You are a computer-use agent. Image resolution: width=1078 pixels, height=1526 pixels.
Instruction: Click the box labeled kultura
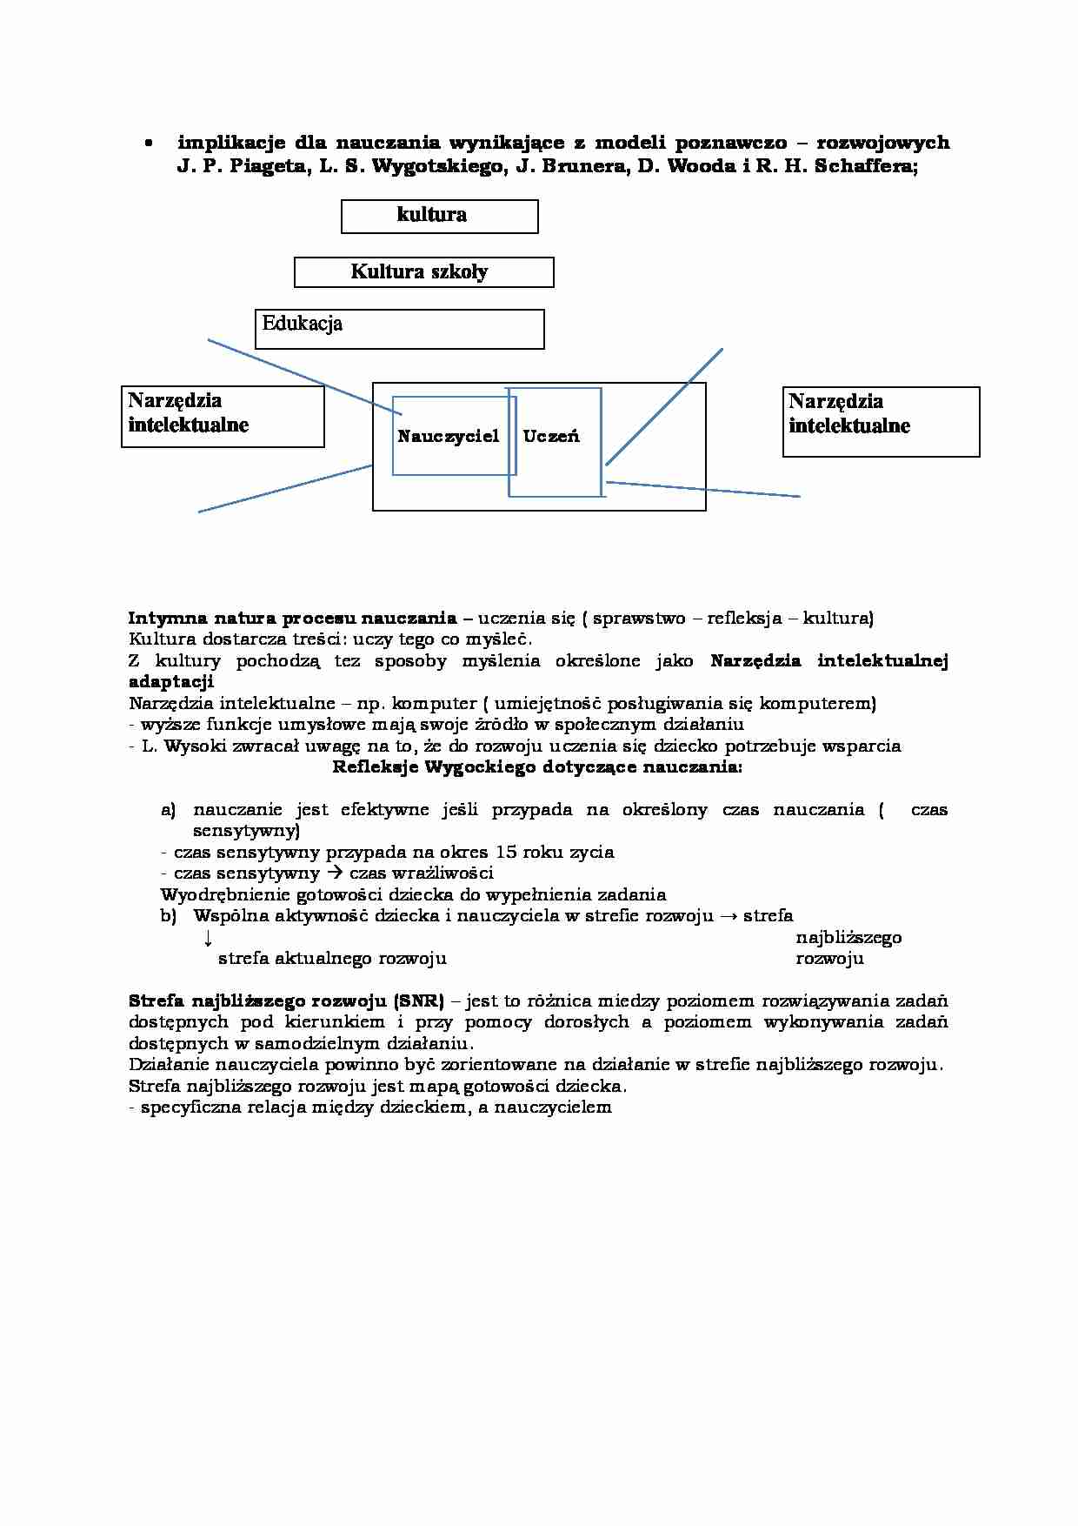coord(439,216)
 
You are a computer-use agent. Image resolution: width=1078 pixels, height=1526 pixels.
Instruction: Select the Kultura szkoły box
coord(423,272)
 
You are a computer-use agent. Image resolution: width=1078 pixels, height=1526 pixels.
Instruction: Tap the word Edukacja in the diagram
coord(302,324)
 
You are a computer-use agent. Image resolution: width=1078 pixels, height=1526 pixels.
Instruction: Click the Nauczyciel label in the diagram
coord(448,436)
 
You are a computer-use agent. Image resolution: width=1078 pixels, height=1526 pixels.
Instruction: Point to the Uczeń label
coord(551,436)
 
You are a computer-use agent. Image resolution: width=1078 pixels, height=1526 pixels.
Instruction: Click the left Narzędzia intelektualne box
coord(223,417)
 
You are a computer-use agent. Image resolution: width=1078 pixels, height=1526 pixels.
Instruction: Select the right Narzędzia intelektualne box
coord(881,422)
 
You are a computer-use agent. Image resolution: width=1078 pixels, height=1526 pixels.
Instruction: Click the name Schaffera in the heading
coord(864,166)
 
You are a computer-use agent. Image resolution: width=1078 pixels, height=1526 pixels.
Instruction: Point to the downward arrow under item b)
coord(208,938)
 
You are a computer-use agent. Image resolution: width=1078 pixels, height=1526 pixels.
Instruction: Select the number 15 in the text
coord(506,852)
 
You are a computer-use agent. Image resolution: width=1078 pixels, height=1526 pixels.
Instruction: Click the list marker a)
coord(169,810)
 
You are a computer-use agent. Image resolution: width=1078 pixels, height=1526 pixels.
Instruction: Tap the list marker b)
coord(169,915)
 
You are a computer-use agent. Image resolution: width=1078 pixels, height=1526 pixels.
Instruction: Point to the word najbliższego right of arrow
coord(848,938)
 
